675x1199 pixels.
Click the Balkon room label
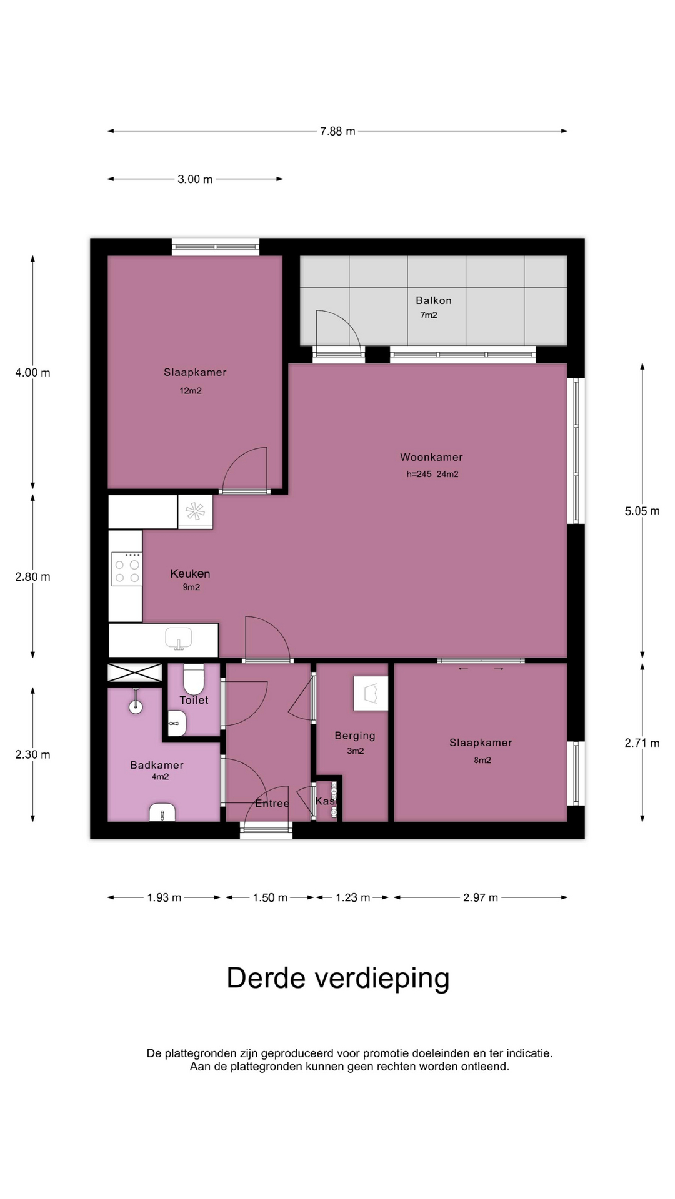[x=434, y=300]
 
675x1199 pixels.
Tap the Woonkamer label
[x=431, y=457]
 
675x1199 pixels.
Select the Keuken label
[x=190, y=573]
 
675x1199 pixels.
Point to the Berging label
[x=355, y=736]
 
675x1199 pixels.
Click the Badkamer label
[x=157, y=765]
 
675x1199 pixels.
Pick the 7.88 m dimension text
[x=337, y=131]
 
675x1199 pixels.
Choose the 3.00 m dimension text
[x=195, y=179]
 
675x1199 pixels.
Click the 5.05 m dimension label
[x=642, y=511]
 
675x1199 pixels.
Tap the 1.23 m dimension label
[x=353, y=897]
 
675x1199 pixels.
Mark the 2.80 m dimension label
[x=32, y=577]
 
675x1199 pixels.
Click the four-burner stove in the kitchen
[x=127, y=570]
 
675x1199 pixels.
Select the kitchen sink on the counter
[x=179, y=639]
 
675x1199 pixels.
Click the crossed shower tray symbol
[x=135, y=673]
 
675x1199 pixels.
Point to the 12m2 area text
[x=191, y=391]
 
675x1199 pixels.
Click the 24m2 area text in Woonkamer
[x=447, y=474]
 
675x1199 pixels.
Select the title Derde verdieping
[x=338, y=978]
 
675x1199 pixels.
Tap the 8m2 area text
[x=482, y=760]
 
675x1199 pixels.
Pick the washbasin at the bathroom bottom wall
[x=162, y=812]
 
